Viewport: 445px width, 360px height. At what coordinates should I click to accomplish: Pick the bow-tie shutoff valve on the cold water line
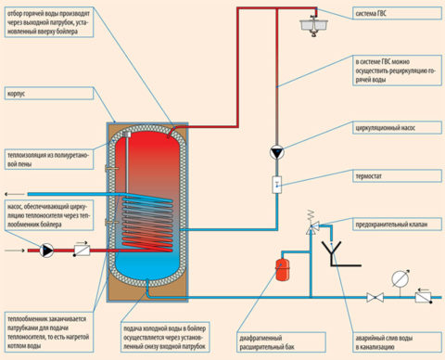(x=372, y=298)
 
